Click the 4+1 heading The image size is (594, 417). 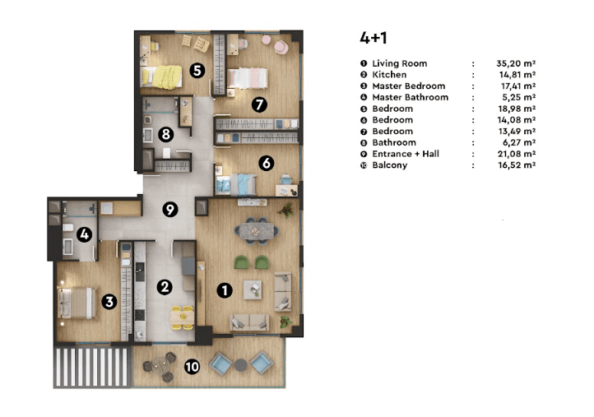pyautogui.click(x=374, y=38)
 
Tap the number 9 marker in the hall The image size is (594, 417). pyautogui.click(x=170, y=210)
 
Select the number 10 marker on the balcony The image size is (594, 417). pyautogui.click(x=192, y=367)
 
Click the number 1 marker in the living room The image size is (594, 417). pyautogui.click(x=225, y=290)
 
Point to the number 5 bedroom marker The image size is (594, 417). pyautogui.click(x=197, y=71)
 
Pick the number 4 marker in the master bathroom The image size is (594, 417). pyautogui.click(x=84, y=234)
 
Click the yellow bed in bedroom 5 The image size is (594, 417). pyautogui.click(x=162, y=76)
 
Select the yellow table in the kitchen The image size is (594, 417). pyautogui.click(x=182, y=317)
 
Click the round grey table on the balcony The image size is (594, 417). pyautogui.click(x=240, y=365)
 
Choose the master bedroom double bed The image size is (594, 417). pyautogui.click(x=77, y=303)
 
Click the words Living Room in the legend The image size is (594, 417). pyautogui.click(x=399, y=63)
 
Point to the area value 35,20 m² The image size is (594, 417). pyautogui.click(x=516, y=63)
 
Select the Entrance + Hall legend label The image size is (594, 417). pyautogui.click(x=406, y=154)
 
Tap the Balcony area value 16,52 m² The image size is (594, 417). pyautogui.click(x=517, y=165)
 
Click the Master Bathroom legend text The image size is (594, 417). pyautogui.click(x=410, y=97)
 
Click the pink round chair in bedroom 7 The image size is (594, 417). pyautogui.click(x=281, y=47)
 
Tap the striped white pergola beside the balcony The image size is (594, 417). pyautogui.click(x=92, y=367)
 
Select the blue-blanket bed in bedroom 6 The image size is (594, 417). pyautogui.click(x=236, y=184)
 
